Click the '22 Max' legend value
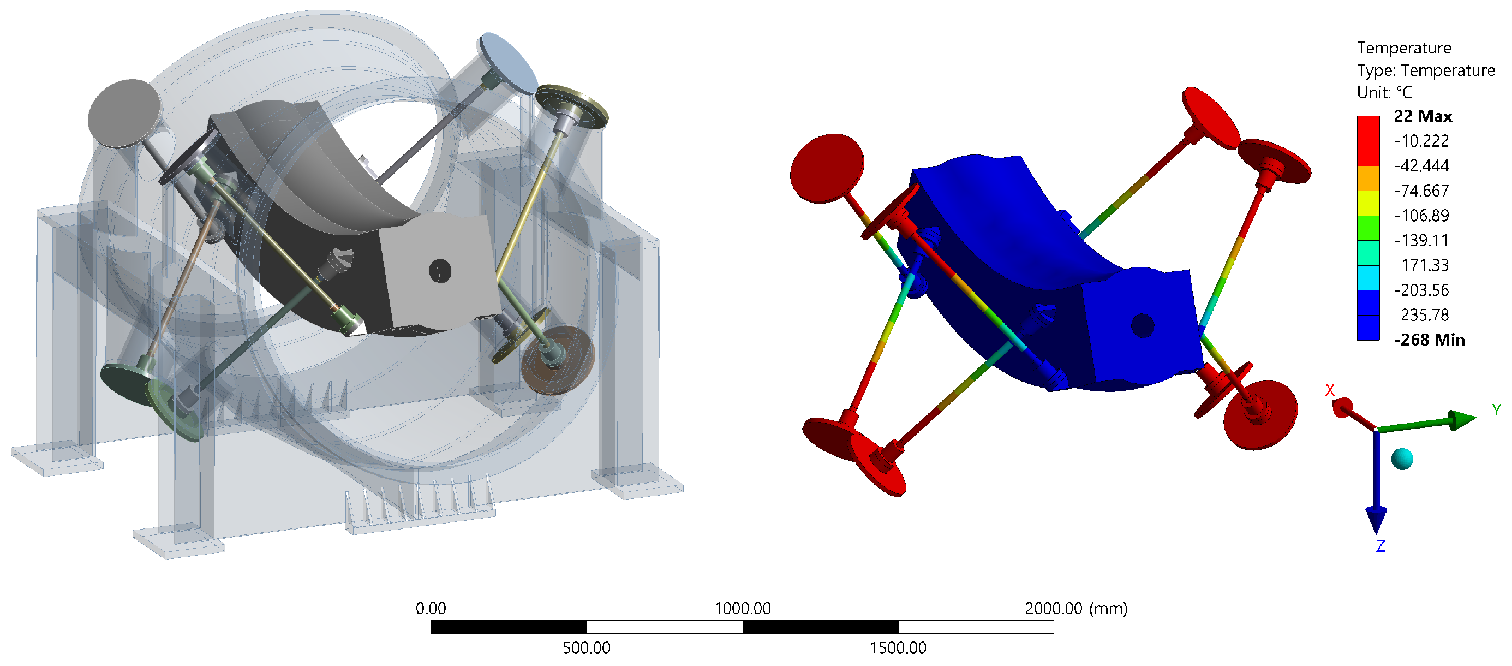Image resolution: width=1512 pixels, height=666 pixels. pos(1423,116)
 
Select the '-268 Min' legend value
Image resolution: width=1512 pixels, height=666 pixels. pos(1429,340)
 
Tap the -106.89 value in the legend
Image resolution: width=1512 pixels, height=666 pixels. pos(1421,216)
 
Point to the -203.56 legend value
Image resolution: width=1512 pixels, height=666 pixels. pos(1421,290)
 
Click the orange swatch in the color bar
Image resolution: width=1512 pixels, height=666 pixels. pos(1367,179)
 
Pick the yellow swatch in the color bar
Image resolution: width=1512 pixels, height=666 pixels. pos(1367,203)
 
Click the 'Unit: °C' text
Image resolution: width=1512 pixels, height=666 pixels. pos(1384,93)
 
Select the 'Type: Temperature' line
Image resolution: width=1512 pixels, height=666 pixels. pos(1426,70)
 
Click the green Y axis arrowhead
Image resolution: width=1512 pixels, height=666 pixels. pos(1463,419)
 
